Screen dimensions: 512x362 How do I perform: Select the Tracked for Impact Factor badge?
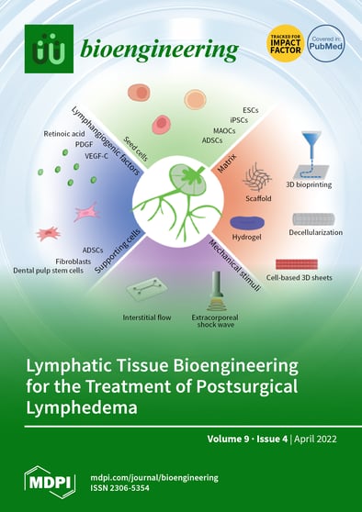click(x=284, y=42)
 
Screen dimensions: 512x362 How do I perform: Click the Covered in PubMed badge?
click(x=325, y=43)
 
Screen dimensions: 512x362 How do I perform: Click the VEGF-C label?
click(x=81, y=156)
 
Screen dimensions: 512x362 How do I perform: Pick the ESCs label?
click(x=250, y=109)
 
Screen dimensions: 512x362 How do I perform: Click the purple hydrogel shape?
click(x=246, y=224)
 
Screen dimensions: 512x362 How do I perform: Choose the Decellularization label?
click(x=317, y=232)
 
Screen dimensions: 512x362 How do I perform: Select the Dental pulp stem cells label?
click(x=49, y=270)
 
